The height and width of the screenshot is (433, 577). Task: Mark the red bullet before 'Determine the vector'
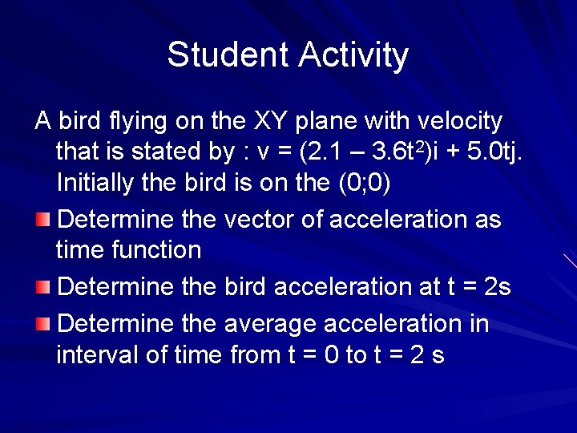pos(43,219)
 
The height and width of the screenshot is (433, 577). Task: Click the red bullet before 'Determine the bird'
pos(43,286)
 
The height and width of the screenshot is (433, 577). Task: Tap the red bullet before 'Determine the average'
pos(43,324)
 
